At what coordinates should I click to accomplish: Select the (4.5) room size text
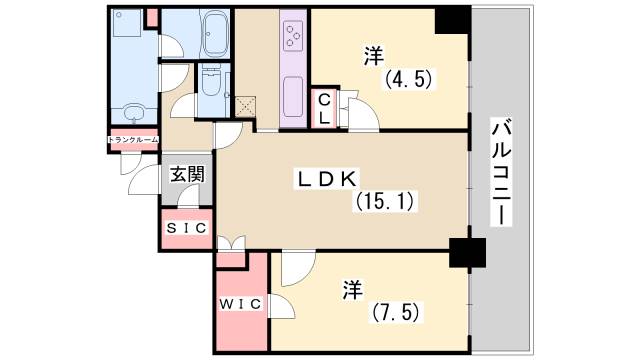click(409, 79)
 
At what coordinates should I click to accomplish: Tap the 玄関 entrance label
click(186, 174)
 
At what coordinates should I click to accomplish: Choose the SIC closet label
click(186, 228)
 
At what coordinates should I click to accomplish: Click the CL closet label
click(325, 107)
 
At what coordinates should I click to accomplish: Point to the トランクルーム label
click(132, 139)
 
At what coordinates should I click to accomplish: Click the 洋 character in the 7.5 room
click(352, 289)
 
